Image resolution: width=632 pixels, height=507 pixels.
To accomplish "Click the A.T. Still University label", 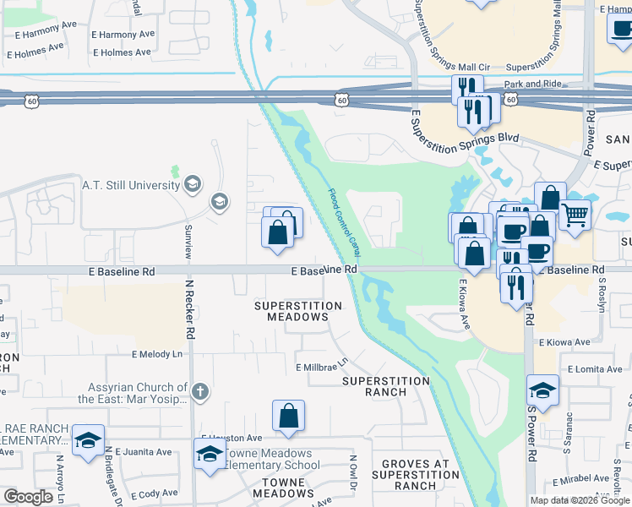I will (130, 184).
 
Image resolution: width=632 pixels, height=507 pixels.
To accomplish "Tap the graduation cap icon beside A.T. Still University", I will (193, 184).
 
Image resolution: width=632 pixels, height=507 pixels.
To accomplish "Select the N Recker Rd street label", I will (191, 310).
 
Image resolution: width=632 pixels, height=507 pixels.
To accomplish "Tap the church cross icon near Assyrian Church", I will (199, 391).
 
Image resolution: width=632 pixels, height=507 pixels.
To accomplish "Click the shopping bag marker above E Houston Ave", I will (288, 416).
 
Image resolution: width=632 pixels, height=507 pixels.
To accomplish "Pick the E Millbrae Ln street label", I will (321, 366).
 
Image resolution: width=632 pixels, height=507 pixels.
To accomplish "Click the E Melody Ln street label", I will (156, 355).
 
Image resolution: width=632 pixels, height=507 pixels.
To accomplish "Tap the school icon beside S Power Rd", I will (543, 390).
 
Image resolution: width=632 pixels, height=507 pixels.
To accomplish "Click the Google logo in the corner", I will (29, 497).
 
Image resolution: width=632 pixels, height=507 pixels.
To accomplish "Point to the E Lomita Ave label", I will (596, 369).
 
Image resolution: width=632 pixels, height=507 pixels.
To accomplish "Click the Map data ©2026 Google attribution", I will (580, 500).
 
